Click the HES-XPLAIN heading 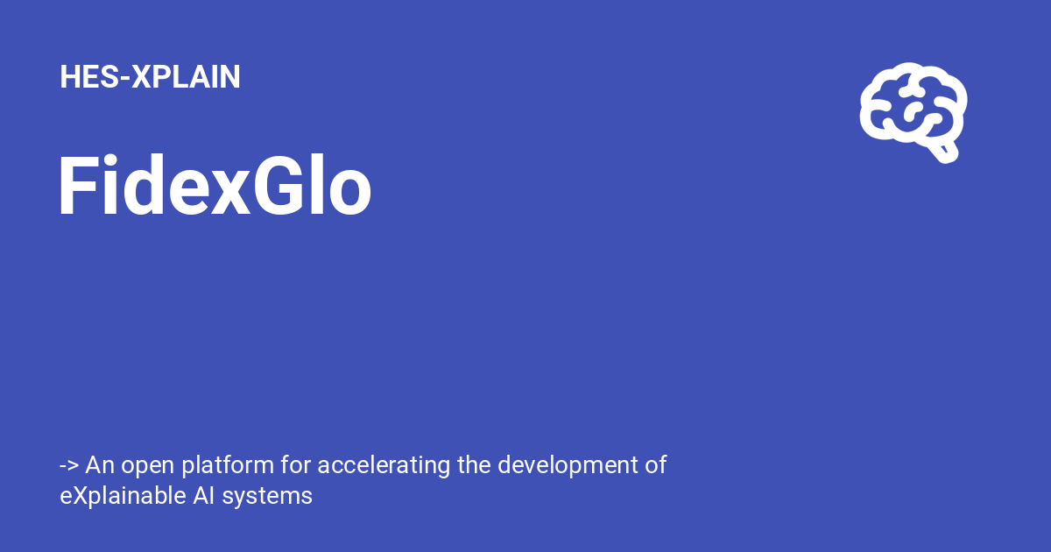pos(150,76)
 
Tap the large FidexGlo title pos(215,185)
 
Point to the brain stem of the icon pos(944,152)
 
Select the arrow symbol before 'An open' pos(69,466)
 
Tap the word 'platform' pos(228,466)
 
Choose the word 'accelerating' pos(384,466)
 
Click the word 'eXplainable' pos(123,497)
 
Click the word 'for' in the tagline pos(296,464)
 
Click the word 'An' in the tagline pos(100,464)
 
